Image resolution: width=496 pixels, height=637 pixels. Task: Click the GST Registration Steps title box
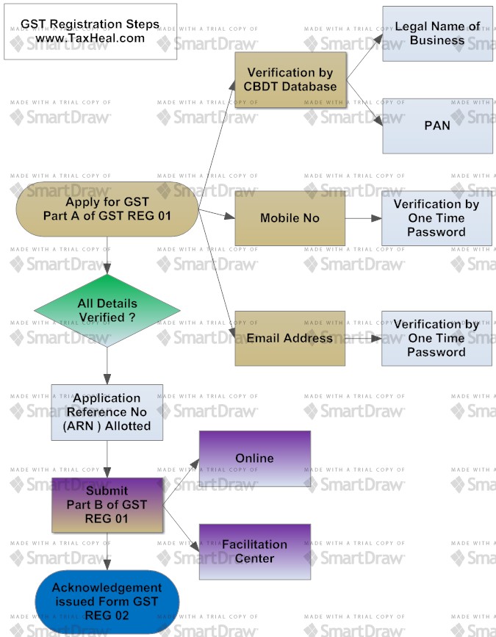(x=90, y=32)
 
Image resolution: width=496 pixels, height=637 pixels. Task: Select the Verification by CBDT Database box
(x=290, y=80)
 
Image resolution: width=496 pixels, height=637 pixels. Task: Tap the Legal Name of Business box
(x=437, y=34)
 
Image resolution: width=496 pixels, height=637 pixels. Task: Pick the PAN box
(x=437, y=126)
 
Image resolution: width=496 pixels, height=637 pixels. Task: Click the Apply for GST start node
(x=107, y=209)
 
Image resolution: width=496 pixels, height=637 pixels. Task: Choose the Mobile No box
(x=290, y=218)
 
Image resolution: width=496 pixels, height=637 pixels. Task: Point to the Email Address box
(x=290, y=338)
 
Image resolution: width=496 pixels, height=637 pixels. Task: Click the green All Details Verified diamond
(x=107, y=310)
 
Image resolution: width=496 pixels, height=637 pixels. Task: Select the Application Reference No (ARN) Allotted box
(x=107, y=412)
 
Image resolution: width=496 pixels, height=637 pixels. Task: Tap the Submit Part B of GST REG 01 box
(x=107, y=505)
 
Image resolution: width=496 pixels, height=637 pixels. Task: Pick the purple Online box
(x=254, y=458)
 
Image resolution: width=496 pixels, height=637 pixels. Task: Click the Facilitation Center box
(x=254, y=551)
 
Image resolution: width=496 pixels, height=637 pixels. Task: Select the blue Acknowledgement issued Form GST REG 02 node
(x=107, y=602)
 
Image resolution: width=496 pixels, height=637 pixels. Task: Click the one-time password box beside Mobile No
(x=436, y=218)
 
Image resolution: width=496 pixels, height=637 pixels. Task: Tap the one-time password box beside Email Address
(x=436, y=338)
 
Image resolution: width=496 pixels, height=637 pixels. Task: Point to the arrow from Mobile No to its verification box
(x=363, y=218)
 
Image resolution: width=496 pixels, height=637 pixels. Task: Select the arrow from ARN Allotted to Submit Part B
(x=107, y=459)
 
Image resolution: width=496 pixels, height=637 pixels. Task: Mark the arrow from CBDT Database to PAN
(x=364, y=104)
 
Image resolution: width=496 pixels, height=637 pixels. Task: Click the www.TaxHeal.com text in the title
(x=90, y=38)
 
